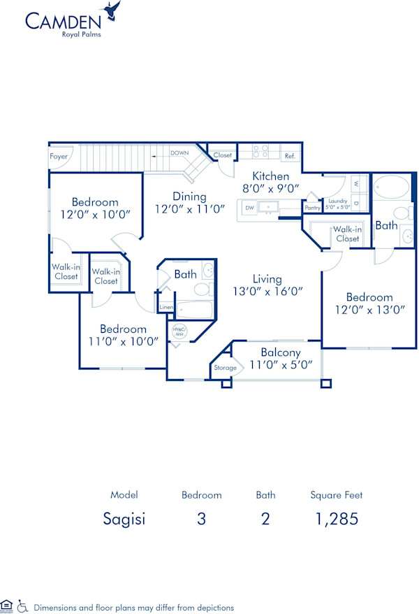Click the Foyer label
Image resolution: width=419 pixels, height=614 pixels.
tap(59, 157)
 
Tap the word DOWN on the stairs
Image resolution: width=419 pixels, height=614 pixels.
tap(181, 152)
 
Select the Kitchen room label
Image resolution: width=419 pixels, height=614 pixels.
tap(270, 176)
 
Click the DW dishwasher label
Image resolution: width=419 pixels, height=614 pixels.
tap(249, 208)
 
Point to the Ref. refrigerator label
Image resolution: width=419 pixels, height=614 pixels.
tap(289, 156)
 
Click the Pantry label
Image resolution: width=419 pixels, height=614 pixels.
tap(312, 208)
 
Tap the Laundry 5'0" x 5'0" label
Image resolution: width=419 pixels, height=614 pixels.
tap(337, 204)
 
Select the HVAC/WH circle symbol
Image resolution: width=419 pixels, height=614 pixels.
tap(179, 332)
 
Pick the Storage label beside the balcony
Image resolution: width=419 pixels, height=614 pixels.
tap(225, 367)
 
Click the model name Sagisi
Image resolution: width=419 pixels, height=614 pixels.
tap(124, 520)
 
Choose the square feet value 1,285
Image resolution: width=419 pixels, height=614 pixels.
tap(336, 520)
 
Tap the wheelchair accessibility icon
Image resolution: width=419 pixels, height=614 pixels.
tap(22, 606)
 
